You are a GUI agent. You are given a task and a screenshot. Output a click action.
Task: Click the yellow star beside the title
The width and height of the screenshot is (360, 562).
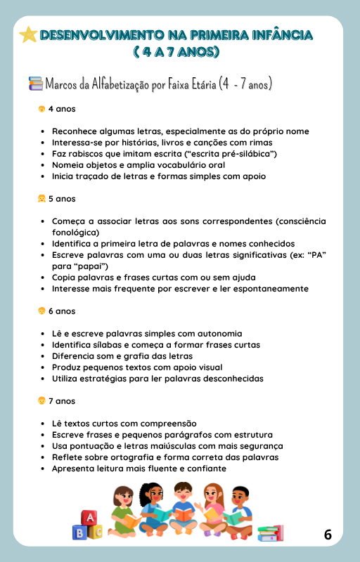click(x=28, y=35)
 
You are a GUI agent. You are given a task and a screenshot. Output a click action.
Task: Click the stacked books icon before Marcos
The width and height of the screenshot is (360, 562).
click(x=35, y=84)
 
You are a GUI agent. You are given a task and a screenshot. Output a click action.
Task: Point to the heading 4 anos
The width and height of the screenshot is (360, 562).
click(x=62, y=109)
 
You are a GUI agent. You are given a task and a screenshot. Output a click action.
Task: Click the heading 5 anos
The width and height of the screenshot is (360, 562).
click(x=62, y=199)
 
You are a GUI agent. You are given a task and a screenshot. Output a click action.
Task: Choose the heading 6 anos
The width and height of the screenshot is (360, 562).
click(x=62, y=311)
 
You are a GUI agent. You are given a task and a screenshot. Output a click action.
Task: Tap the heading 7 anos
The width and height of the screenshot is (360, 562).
click(x=62, y=400)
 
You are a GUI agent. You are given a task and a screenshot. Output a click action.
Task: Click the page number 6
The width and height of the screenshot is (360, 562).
click(x=328, y=535)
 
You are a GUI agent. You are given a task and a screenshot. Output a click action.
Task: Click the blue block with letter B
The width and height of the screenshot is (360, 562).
click(x=80, y=532)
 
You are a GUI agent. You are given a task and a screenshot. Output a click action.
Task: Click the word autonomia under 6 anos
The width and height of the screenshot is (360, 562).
click(x=218, y=334)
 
